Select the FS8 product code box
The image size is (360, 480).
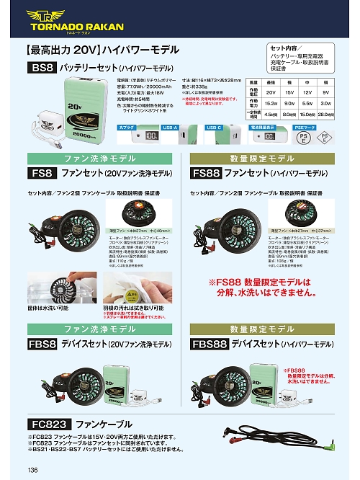click(x=42, y=174)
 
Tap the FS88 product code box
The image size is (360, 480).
click(x=206, y=174)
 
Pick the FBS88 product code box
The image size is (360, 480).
click(x=209, y=345)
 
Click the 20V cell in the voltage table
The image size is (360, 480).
click(x=271, y=92)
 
